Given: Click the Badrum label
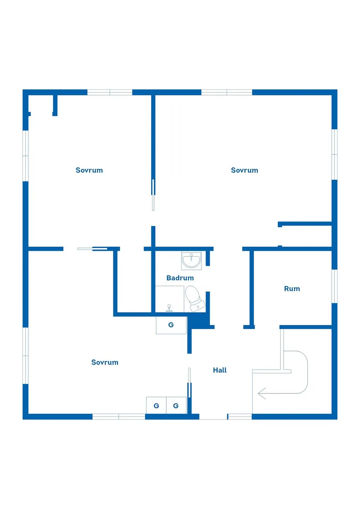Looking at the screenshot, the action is [x=180, y=278].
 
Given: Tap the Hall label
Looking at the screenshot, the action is [x=219, y=370].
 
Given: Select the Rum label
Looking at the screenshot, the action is [x=292, y=289].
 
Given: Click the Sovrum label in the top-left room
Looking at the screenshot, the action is [x=89, y=170].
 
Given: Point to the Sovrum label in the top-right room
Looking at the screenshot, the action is [x=244, y=170].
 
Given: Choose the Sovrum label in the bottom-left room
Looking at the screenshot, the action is [x=105, y=362].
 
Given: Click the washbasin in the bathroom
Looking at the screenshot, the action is [x=192, y=260].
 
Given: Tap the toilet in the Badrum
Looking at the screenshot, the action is [x=195, y=298].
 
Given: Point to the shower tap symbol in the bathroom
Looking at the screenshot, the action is [x=169, y=308].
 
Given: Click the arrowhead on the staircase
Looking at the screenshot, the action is [x=262, y=393].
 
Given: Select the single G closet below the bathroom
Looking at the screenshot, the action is [x=171, y=325].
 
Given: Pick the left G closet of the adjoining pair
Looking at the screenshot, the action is [x=156, y=406].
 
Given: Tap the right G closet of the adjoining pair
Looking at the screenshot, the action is [x=176, y=406].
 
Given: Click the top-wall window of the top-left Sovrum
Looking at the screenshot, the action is [x=110, y=92].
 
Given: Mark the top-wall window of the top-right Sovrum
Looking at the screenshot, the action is [x=227, y=92].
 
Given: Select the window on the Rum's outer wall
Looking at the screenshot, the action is [x=334, y=286].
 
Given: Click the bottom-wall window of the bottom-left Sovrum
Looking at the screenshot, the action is [x=119, y=417].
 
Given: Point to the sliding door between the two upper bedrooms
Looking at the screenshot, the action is [x=153, y=195].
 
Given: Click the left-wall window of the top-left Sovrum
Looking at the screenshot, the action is [x=25, y=156].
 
